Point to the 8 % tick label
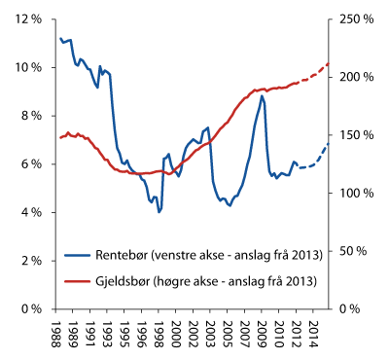(27, 116)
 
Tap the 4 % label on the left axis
(27, 212)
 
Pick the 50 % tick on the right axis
(354, 251)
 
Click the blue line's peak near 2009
(262, 95)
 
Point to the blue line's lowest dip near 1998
(159, 211)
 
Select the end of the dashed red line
(329, 63)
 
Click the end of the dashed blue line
(329, 143)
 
